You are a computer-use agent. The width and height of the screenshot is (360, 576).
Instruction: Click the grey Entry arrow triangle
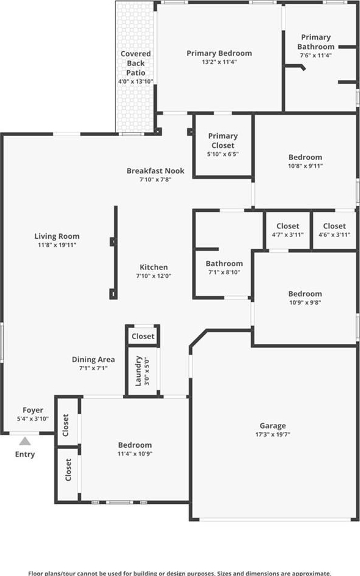click(25, 441)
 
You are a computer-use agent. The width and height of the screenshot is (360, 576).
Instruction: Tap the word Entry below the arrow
click(25, 454)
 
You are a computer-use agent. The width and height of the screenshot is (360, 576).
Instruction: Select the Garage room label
click(273, 426)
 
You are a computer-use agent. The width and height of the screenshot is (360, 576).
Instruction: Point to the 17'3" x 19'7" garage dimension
click(273, 434)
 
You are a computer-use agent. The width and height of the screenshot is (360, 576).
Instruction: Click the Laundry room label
click(138, 371)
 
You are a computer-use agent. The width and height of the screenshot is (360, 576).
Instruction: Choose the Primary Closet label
click(223, 140)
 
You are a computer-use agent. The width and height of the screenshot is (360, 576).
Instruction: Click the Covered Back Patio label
click(136, 63)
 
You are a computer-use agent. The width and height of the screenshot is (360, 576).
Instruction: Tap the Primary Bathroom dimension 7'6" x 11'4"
click(316, 56)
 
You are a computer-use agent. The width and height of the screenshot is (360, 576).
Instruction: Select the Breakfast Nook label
click(155, 171)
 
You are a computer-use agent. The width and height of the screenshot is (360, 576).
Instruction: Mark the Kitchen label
click(153, 268)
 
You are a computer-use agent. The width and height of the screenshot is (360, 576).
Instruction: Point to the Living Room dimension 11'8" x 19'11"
click(57, 245)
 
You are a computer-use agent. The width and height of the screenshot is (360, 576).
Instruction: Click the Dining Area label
click(94, 360)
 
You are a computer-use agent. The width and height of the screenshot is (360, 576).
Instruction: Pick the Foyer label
click(33, 410)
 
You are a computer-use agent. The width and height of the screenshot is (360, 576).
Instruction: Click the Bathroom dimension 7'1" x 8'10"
click(224, 272)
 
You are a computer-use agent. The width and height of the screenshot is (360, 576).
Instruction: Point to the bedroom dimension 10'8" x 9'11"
click(305, 166)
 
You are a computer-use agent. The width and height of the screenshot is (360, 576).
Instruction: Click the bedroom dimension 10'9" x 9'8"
click(305, 303)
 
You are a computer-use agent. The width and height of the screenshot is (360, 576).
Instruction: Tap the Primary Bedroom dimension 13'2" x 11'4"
click(219, 62)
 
